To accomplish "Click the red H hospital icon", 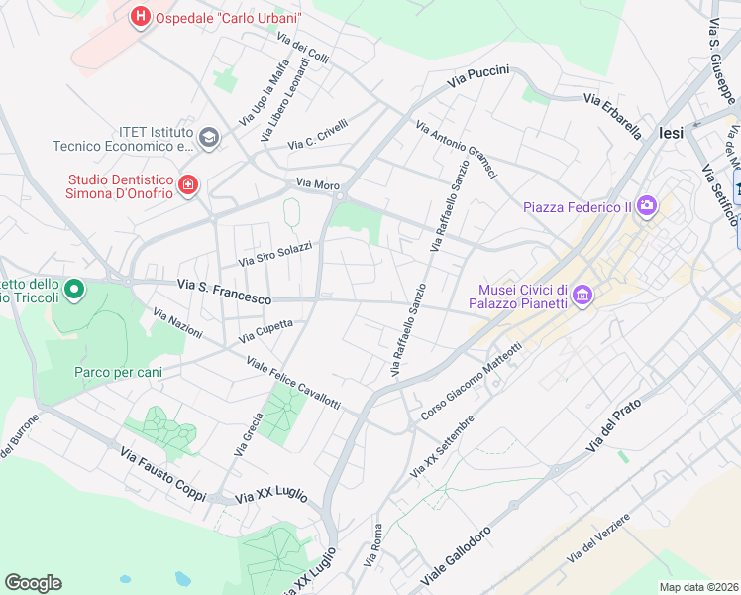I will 141,17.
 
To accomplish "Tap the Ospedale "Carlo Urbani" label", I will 229,18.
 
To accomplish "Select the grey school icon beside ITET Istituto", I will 208,137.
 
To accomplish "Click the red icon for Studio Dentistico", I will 187,184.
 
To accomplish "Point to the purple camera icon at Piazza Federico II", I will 647,206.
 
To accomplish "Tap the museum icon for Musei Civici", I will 582,296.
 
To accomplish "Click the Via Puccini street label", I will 477,77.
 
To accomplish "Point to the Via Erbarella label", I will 612,116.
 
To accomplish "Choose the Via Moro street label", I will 317,184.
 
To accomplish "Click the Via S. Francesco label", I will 224,292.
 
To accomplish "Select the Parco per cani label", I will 118,373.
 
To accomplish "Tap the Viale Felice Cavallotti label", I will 292,382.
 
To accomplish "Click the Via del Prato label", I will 614,425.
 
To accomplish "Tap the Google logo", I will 33,582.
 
